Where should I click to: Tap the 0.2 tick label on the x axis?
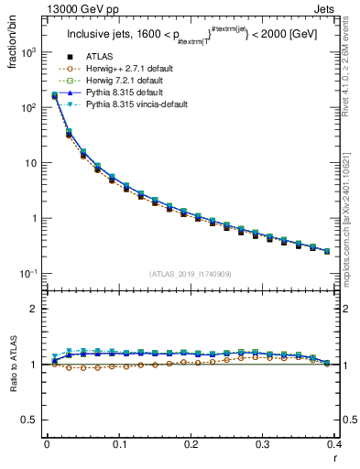191,444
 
